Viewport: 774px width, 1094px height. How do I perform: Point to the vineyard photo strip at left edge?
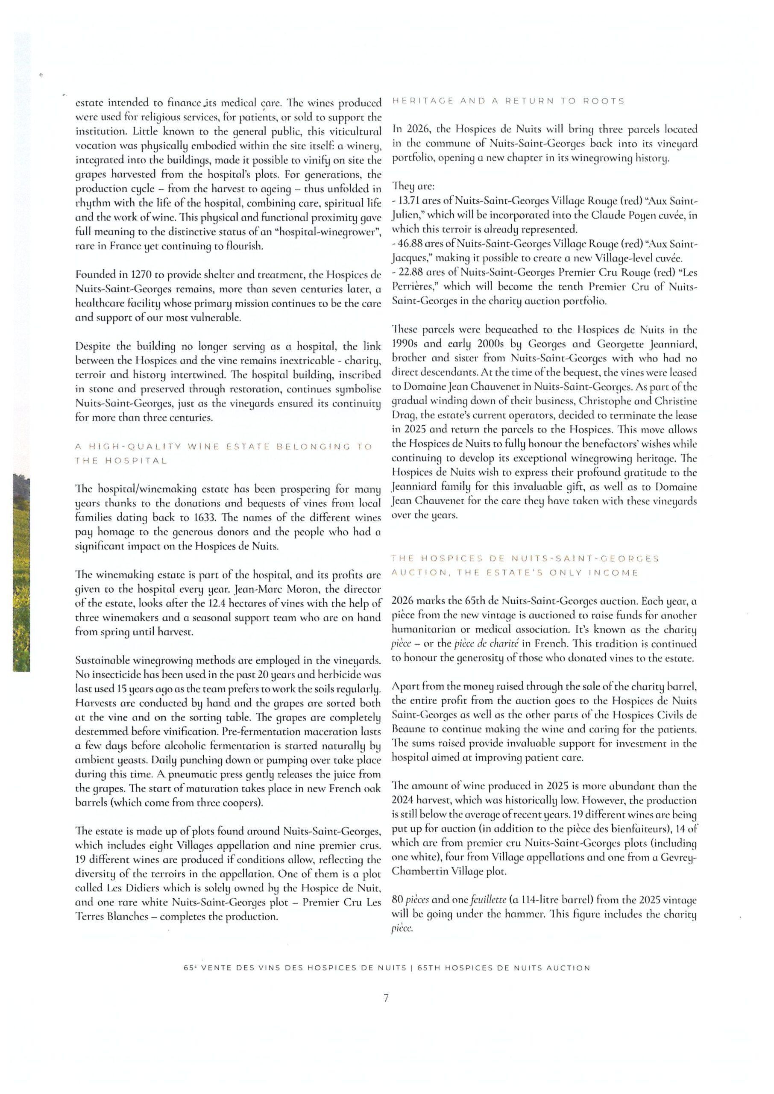point(21,572)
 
